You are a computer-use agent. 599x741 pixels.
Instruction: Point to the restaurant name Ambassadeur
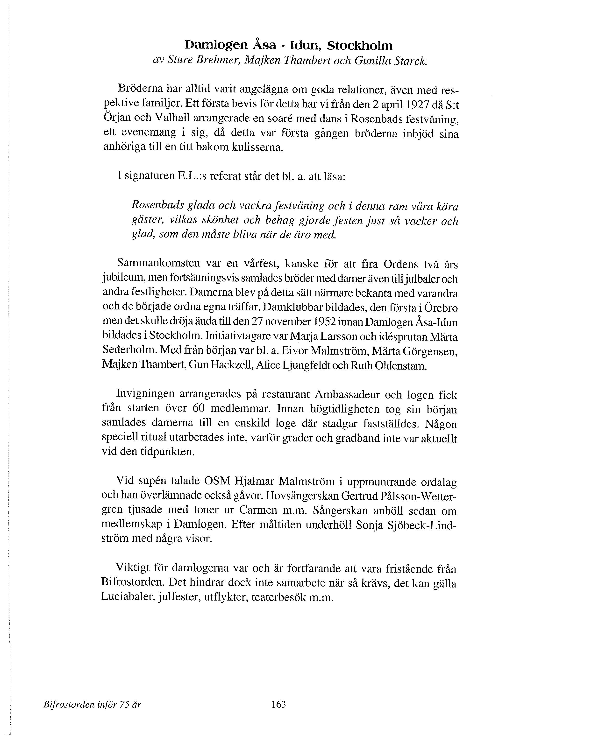(347, 394)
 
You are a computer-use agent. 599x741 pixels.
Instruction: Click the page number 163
(279, 705)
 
